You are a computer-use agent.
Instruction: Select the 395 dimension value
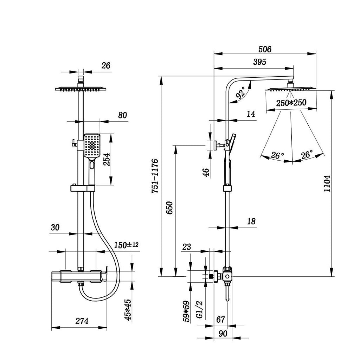(x=259, y=62)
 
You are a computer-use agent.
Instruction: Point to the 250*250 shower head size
(x=291, y=103)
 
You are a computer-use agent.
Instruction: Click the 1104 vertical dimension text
(x=327, y=183)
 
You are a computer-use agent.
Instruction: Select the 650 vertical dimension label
(x=169, y=209)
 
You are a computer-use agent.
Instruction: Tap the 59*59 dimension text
(x=186, y=311)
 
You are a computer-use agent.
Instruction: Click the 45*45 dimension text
(x=128, y=310)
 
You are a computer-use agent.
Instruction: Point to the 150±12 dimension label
(x=126, y=245)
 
